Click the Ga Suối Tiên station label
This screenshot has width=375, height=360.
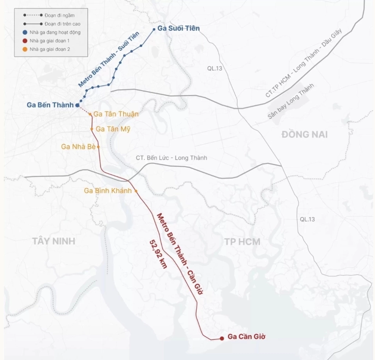[x=178, y=28]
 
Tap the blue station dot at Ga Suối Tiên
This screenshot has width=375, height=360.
[x=154, y=29]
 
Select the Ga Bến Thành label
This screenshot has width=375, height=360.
[x=50, y=105]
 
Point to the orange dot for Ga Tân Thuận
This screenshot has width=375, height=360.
[x=90, y=114]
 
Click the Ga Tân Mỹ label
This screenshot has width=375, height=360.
[x=113, y=129]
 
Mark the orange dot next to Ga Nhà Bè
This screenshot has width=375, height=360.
[x=98, y=147]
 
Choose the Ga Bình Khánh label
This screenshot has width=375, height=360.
[x=108, y=191]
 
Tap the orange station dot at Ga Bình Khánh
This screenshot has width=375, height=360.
[x=136, y=191]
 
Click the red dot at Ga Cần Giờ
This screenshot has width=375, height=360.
[x=222, y=338]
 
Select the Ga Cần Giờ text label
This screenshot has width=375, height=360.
[x=246, y=336]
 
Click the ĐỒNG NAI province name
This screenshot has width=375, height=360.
[x=304, y=134]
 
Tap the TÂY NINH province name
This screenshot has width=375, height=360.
[x=54, y=241]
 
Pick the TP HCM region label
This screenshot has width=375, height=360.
[x=242, y=241]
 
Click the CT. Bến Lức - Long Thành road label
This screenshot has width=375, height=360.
[x=171, y=158]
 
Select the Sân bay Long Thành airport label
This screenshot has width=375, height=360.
[x=291, y=101]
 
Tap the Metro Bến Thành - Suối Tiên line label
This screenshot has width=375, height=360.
[x=109, y=59]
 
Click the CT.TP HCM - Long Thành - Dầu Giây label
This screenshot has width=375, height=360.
[x=304, y=63]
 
